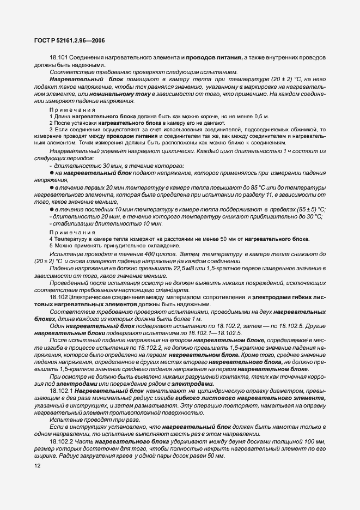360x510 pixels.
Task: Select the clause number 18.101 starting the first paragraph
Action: pos(58,57)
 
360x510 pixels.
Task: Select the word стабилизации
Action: pos(71,223)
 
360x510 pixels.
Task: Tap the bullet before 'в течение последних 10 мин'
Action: pos(51,209)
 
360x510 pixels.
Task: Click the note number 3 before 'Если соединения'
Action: pos(51,131)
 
